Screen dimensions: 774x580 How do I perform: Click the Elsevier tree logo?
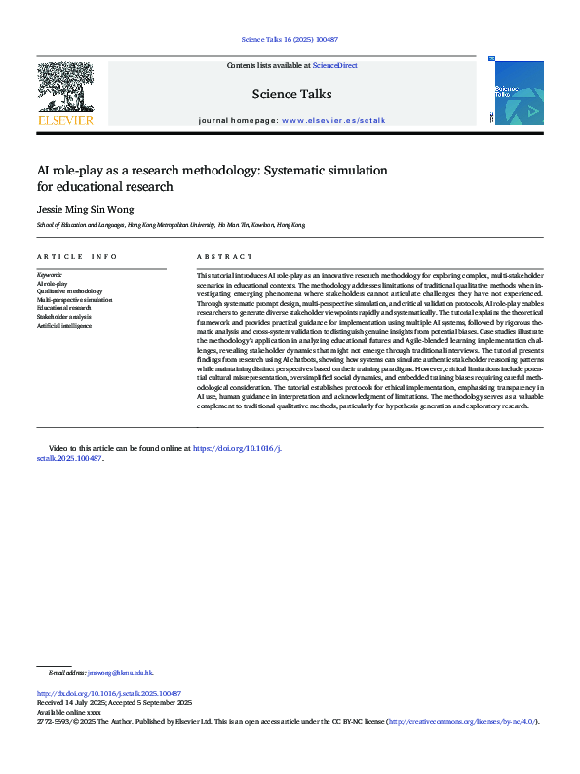[64, 92]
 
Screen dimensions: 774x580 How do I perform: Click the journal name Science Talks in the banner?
[291, 95]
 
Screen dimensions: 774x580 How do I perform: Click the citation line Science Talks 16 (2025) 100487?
[290, 40]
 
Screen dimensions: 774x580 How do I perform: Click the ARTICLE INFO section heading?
[77, 256]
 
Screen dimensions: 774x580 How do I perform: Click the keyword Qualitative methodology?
[69, 291]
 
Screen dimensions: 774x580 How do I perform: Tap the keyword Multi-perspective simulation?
[75, 300]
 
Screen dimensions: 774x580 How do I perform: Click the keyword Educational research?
[66, 308]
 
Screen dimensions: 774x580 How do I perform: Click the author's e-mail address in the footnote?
[120, 673]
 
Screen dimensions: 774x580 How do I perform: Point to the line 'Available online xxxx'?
[68, 713]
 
